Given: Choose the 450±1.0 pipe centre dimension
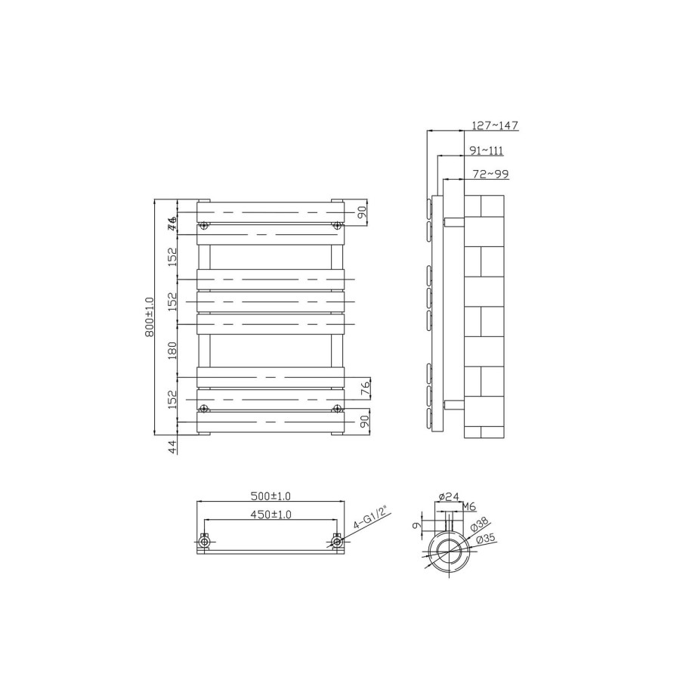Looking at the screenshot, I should [270, 515].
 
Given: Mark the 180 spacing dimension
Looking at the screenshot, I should [172, 350].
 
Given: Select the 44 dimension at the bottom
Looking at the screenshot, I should [172, 447].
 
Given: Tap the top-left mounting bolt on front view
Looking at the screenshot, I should [204, 225].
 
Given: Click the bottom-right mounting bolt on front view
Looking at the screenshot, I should [337, 409].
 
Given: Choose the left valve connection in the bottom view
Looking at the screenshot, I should [204, 541].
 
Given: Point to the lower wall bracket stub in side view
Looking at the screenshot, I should [453, 403].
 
